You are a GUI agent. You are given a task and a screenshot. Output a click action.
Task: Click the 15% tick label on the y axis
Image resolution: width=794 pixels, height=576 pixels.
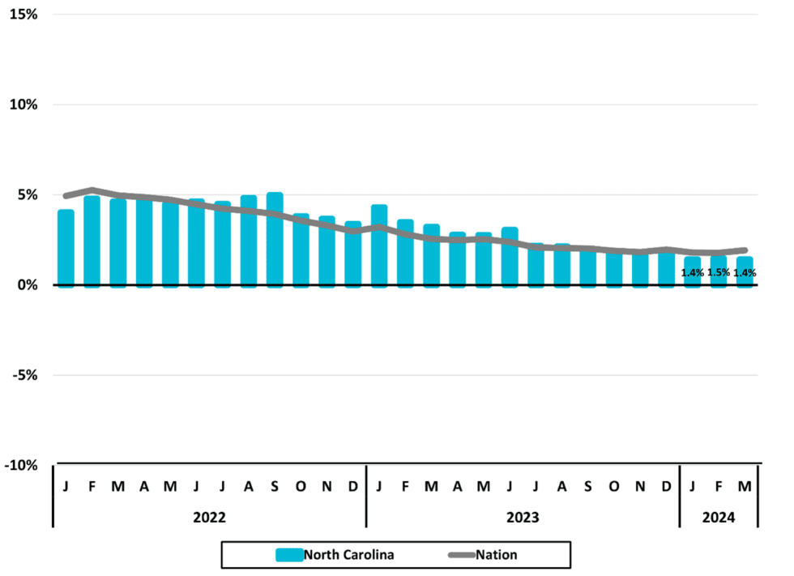24,15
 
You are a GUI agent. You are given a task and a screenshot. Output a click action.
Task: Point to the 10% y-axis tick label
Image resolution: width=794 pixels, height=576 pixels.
24,105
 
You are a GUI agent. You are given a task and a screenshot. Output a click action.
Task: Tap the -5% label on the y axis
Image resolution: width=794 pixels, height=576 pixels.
24,375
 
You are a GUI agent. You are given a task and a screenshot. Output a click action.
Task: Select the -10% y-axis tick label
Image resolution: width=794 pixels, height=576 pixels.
22,465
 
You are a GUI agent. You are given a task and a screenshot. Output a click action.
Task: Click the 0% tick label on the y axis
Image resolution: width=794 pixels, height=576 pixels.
28,285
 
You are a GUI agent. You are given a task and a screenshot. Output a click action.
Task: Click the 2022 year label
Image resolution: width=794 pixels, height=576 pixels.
210,516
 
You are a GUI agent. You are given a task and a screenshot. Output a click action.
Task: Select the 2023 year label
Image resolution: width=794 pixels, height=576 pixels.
523,516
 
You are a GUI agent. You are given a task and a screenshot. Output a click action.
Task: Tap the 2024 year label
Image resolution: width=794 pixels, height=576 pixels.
718,516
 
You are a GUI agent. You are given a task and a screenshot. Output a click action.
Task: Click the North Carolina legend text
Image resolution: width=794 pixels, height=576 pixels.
349,555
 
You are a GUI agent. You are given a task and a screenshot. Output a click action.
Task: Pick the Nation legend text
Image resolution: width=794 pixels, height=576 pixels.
497,555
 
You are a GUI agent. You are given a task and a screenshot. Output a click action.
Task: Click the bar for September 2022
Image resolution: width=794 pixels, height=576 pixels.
275,240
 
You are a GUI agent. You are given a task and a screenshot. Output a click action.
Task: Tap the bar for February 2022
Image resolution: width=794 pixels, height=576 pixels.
92,241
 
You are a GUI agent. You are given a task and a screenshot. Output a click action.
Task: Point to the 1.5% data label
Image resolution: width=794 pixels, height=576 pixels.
719,273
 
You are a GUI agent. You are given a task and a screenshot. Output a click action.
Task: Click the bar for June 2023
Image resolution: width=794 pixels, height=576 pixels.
510,257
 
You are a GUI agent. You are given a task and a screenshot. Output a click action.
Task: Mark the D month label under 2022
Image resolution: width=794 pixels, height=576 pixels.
352,486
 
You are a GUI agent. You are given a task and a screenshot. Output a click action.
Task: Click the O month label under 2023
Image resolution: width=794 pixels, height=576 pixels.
614,486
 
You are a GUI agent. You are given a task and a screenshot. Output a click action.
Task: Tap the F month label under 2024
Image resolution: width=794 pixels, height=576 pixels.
719,486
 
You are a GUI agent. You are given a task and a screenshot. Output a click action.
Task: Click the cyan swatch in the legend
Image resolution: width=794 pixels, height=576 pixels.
289,555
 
